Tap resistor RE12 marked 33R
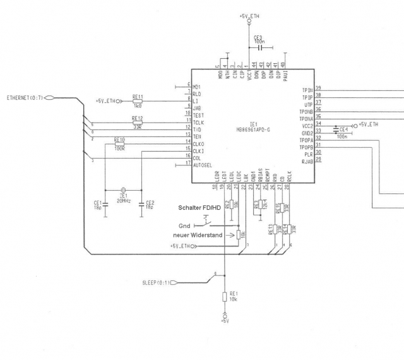(137, 123)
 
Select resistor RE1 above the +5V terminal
(225, 297)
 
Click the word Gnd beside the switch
(184, 225)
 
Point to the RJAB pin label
(307, 160)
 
